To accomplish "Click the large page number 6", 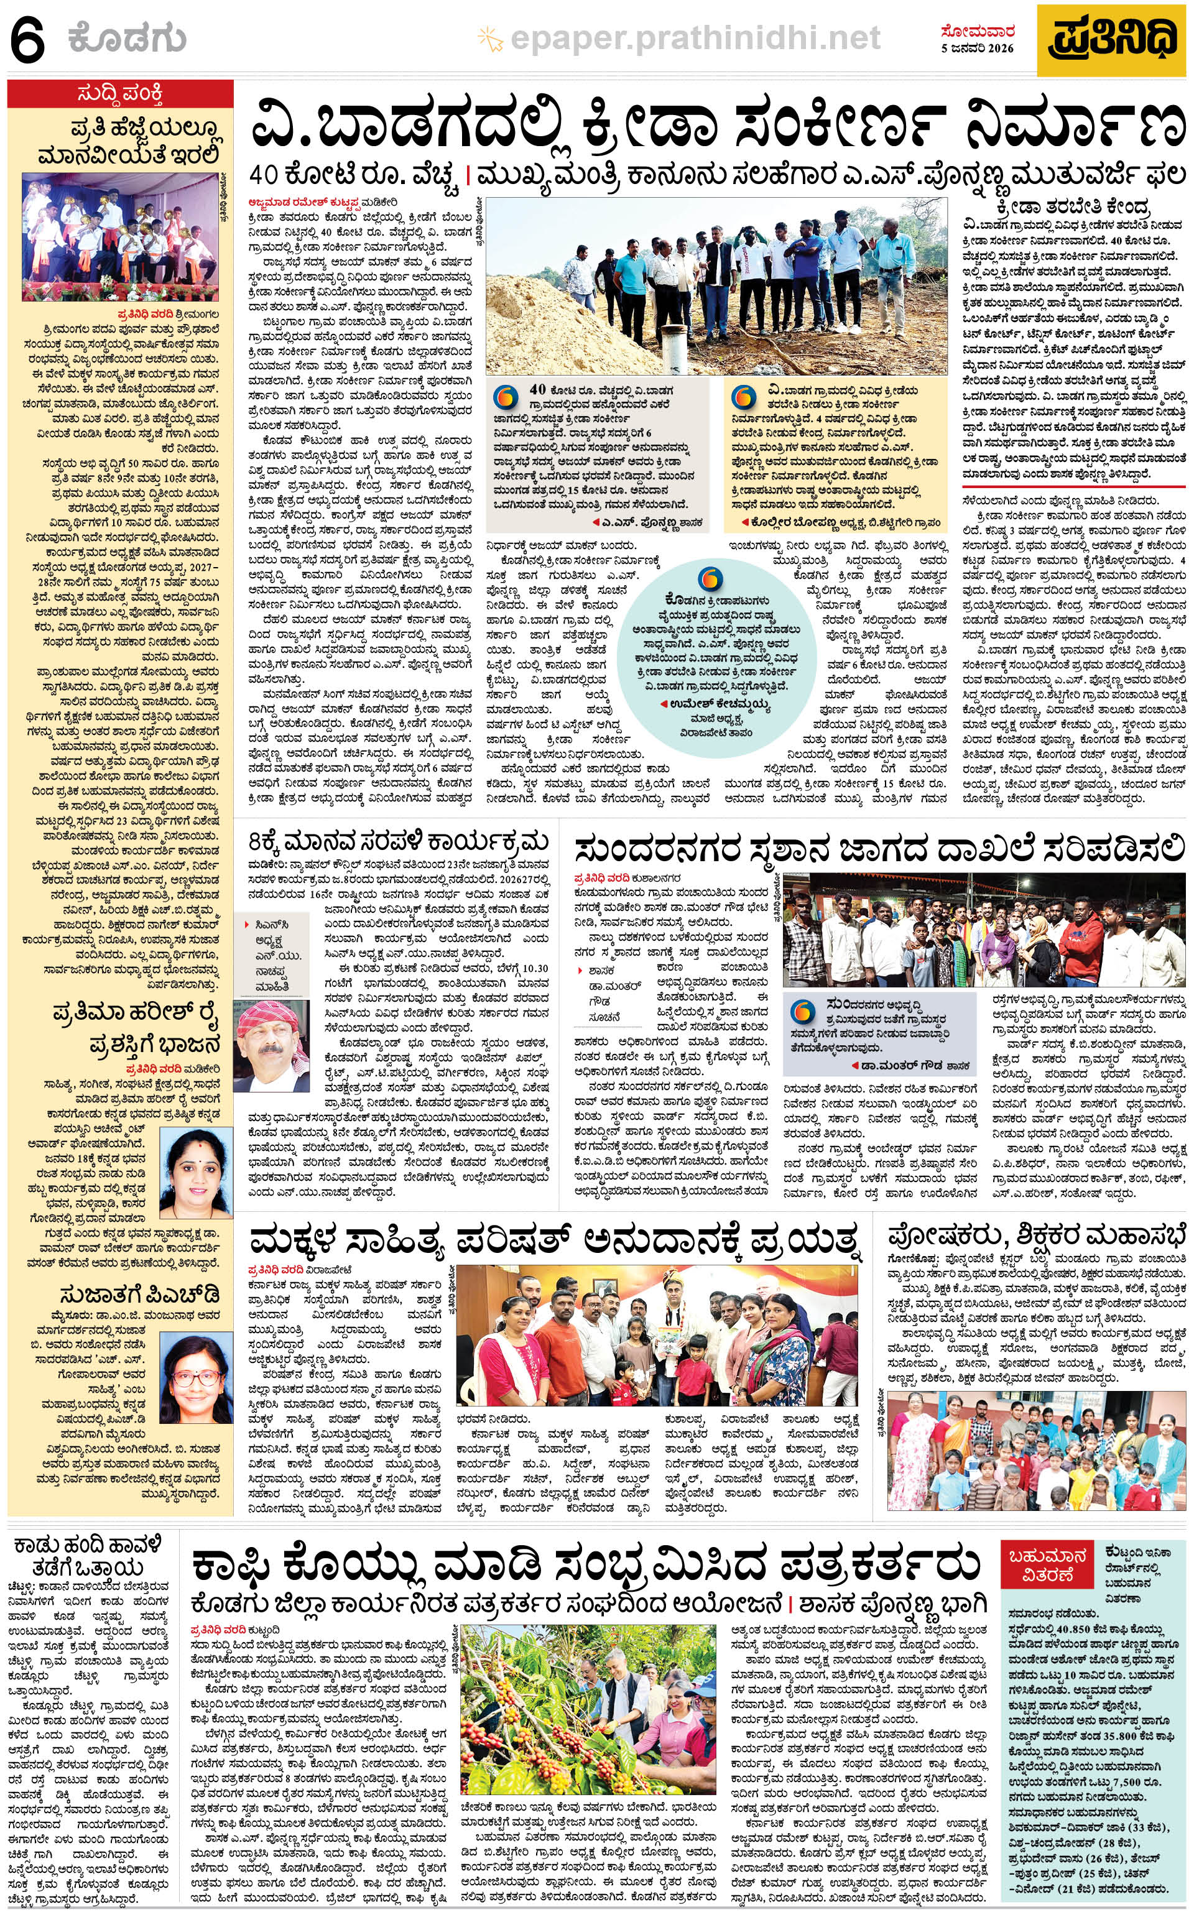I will [x=29, y=39].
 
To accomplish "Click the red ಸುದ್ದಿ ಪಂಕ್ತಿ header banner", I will [x=121, y=95].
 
